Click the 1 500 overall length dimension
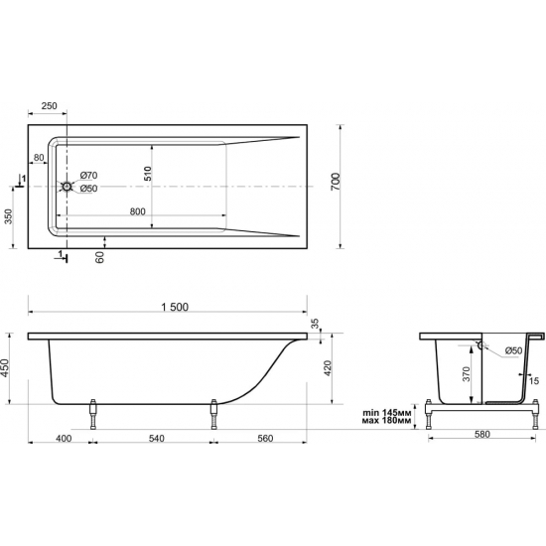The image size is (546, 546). tap(176, 307)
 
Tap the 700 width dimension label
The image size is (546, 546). tap(336, 181)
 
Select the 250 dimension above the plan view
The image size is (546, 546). tap(49, 106)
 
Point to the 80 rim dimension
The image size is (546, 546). tap(39, 158)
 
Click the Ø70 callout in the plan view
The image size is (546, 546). tap(88, 175)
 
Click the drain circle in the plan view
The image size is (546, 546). tap(67, 187)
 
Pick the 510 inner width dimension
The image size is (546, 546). tap(148, 173)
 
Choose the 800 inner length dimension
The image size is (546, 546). tap(138, 211)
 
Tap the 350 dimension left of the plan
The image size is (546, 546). tap(8, 216)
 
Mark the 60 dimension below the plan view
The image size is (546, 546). tap(100, 257)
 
